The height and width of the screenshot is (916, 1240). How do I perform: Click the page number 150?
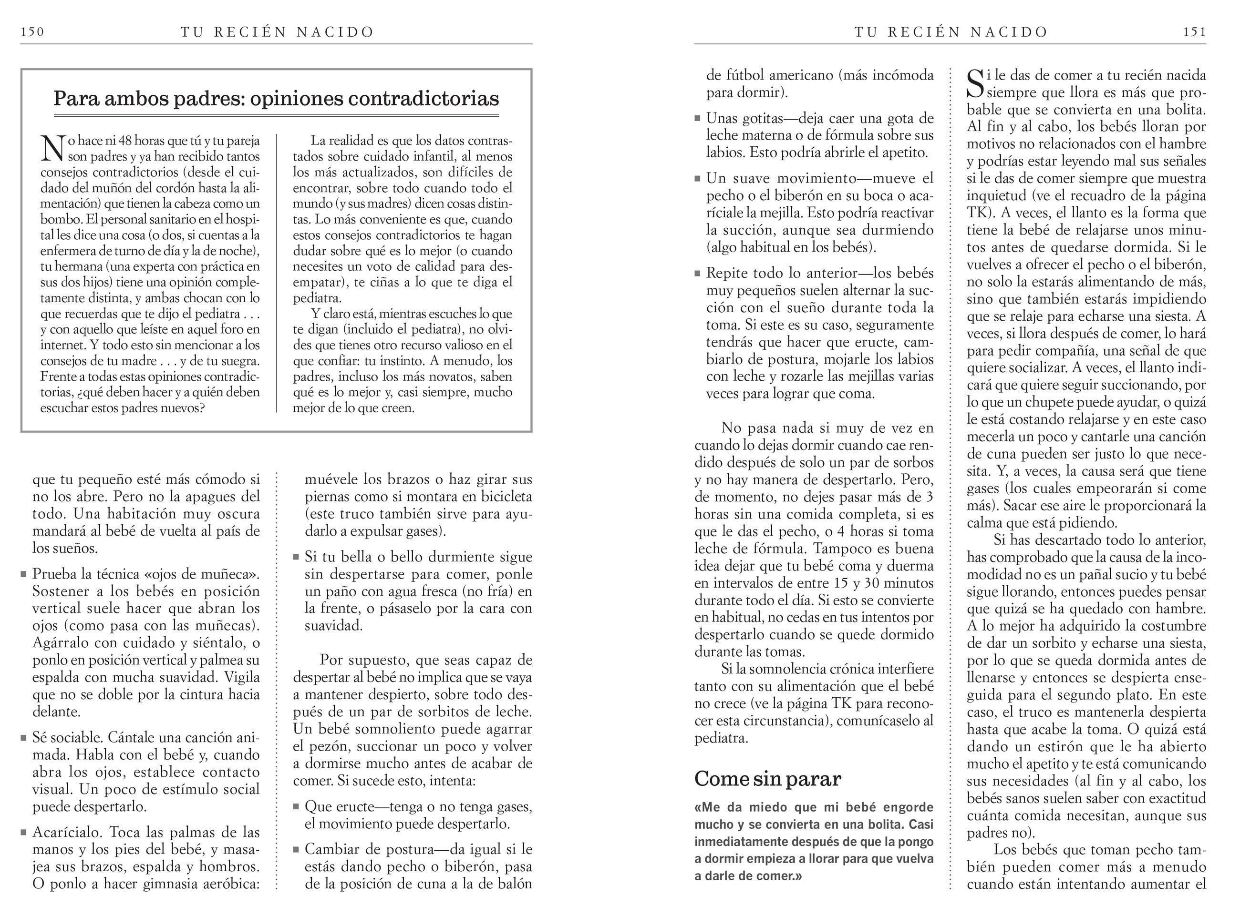(x=32, y=32)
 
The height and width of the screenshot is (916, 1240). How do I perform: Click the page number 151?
(x=1195, y=32)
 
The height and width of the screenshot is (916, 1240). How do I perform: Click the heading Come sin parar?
(x=767, y=778)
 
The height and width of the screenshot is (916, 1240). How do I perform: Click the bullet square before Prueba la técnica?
(x=24, y=574)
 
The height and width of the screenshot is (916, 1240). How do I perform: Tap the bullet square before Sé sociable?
(x=24, y=738)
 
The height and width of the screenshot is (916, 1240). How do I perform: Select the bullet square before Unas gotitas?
(x=698, y=119)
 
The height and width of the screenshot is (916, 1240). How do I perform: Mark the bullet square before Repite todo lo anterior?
(x=698, y=274)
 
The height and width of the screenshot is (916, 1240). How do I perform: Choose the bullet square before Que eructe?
(x=297, y=807)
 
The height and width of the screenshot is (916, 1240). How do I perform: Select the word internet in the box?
(x=62, y=346)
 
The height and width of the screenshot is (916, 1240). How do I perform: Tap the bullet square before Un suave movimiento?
(x=698, y=179)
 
